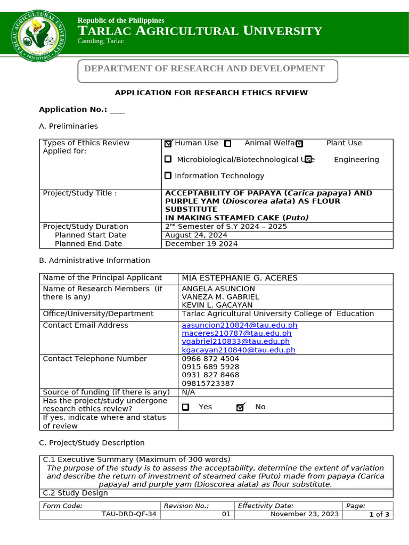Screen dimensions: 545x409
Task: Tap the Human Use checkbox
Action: click(x=169, y=143)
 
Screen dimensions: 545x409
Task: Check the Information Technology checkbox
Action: click(x=168, y=176)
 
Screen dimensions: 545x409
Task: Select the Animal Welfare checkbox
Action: click(x=228, y=143)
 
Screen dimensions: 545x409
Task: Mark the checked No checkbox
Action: click(x=240, y=407)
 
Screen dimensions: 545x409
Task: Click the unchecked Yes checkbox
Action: click(x=185, y=407)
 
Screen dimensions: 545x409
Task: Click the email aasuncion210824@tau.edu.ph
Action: click(x=239, y=325)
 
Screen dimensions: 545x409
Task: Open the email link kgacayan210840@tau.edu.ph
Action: click(x=238, y=350)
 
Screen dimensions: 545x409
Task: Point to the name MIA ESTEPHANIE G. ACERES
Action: click(x=240, y=278)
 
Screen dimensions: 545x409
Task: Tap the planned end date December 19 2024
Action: click(x=201, y=244)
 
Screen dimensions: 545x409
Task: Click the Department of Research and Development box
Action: click(x=208, y=71)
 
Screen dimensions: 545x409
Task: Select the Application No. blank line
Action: click(x=117, y=110)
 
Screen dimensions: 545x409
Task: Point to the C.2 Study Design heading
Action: click(x=75, y=493)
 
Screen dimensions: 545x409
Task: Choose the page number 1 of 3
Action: click(x=379, y=514)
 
